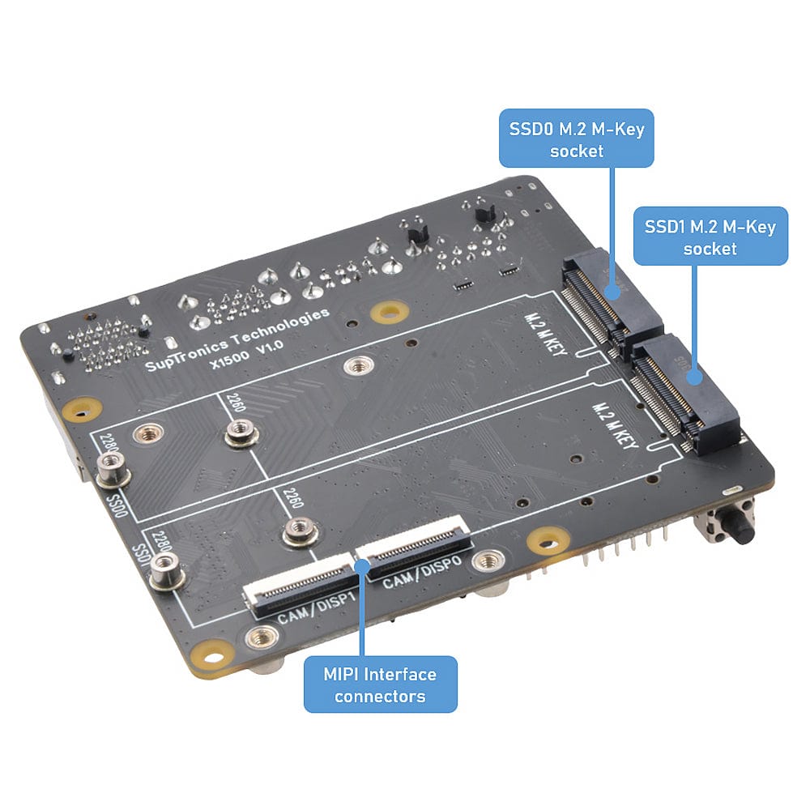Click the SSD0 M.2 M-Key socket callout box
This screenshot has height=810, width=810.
pyautogui.click(x=577, y=139)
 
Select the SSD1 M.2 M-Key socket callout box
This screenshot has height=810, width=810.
pyautogui.click(x=710, y=236)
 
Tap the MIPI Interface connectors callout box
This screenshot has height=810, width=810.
pyautogui.click(x=380, y=684)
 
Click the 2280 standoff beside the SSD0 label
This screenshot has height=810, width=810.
pyautogui.click(x=112, y=468)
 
